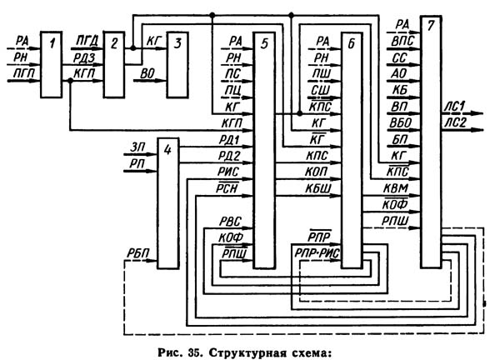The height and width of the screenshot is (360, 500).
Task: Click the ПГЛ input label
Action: [16, 74]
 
